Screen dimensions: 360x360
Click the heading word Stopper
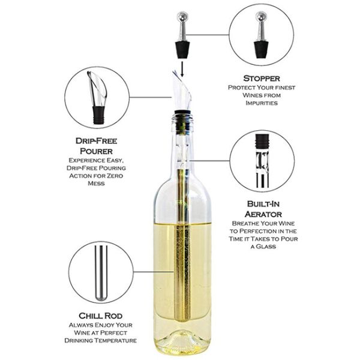(x=262, y=79)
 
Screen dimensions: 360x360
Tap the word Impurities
(x=262, y=103)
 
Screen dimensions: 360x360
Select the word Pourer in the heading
(x=96, y=151)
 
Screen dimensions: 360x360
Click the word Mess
(x=96, y=184)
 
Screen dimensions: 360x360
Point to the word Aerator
(x=263, y=214)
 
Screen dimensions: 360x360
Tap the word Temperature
(x=114, y=340)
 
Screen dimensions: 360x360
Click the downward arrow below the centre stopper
(x=182, y=69)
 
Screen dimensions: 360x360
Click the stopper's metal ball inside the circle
(x=261, y=16)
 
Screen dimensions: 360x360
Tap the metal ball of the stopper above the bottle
(x=182, y=16)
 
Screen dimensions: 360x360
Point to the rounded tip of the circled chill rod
(x=101, y=298)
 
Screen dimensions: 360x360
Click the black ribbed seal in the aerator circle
(x=262, y=142)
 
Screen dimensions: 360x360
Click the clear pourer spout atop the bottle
(x=182, y=91)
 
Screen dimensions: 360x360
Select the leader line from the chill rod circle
(x=154, y=272)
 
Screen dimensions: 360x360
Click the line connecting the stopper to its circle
(x=208, y=35)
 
